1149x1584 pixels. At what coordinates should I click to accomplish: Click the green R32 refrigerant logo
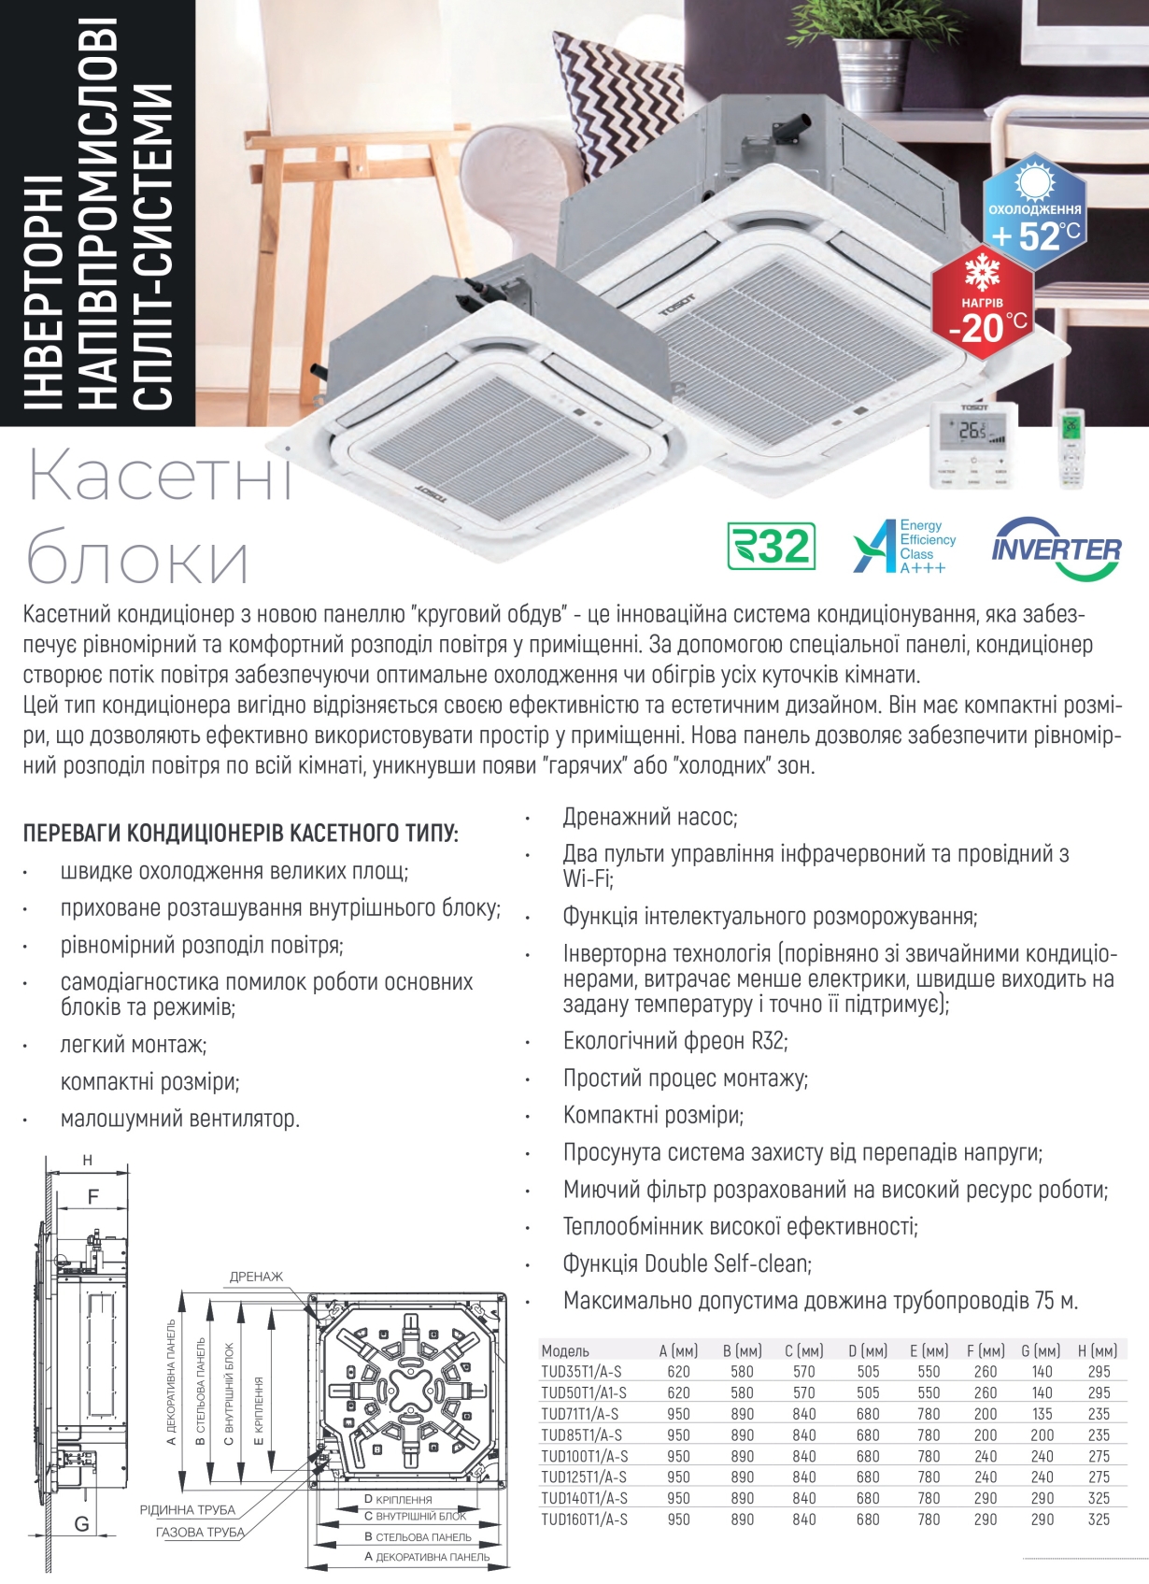tap(772, 546)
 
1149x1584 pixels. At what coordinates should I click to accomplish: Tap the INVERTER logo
tap(1056, 548)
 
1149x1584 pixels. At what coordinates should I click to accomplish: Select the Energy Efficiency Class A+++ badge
tap(904, 546)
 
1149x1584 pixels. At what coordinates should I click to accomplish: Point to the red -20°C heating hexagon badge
tap(982, 302)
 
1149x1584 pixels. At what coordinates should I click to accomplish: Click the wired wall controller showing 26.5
tap(973, 445)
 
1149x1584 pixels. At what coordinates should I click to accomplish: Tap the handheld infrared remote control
tap(1072, 450)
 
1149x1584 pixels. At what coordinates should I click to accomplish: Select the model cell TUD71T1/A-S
tap(580, 1414)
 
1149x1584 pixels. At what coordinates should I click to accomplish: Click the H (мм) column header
tap(1098, 1350)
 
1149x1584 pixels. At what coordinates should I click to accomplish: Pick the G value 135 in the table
tap(1042, 1414)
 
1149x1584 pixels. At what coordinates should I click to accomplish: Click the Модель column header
tap(565, 1350)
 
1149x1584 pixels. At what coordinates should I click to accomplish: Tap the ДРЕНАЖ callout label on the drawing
tap(256, 1277)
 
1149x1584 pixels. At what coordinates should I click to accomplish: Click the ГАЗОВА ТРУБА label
tap(200, 1533)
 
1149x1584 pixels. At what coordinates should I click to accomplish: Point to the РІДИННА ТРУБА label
tap(188, 1510)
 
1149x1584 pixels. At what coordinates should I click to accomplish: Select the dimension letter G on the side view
tap(82, 1524)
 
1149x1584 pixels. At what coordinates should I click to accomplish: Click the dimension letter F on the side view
tap(93, 1197)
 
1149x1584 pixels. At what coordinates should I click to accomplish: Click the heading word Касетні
tap(160, 478)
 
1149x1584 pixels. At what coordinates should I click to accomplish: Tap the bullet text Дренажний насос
tap(650, 817)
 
